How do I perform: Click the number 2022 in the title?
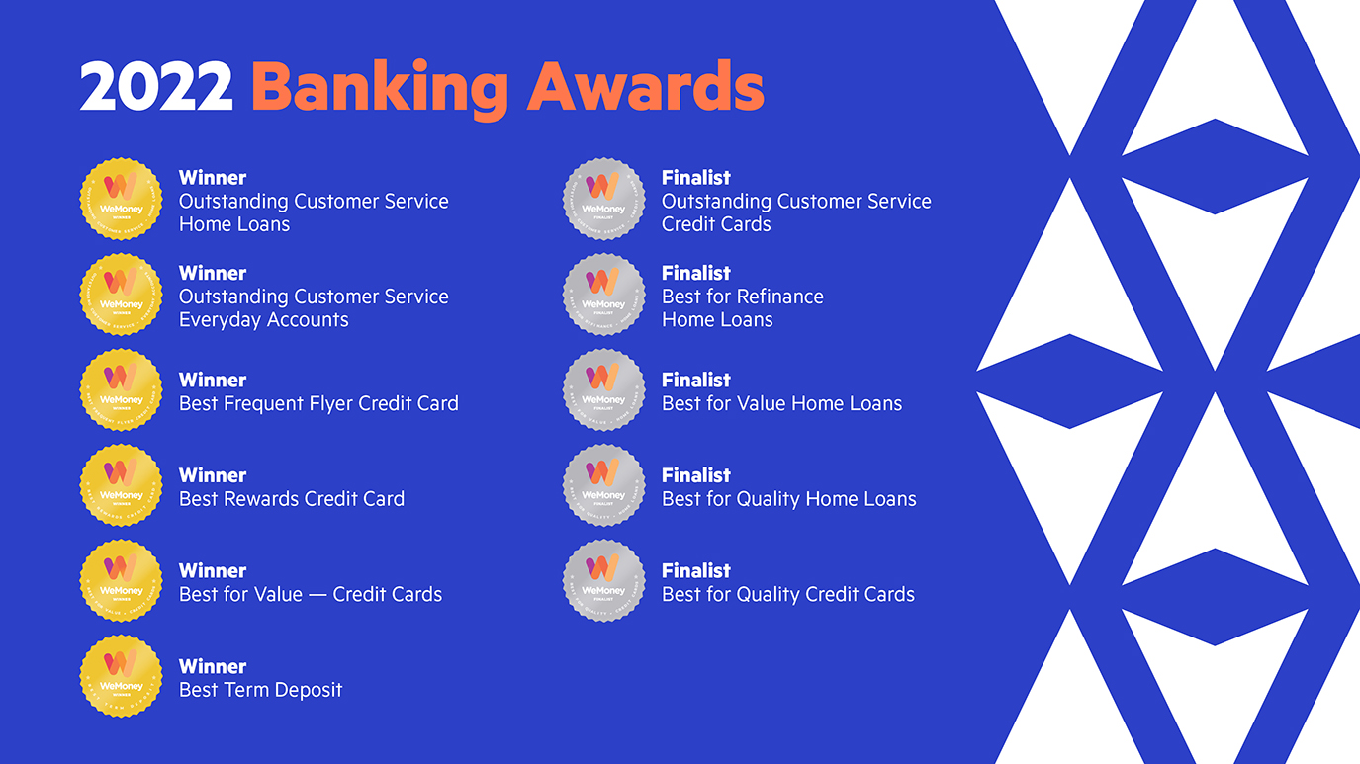point(155,87)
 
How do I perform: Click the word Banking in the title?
point(380,89)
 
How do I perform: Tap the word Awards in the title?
point(646,87)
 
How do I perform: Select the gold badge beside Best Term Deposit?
point(121,676)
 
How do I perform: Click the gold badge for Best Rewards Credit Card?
point(121,485)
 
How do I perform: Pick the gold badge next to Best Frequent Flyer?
point(121,389)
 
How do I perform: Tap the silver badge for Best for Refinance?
point(603,295)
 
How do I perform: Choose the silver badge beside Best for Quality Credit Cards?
point(603,580)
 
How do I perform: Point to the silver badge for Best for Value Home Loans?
point(603,389)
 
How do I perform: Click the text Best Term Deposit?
point(260,690)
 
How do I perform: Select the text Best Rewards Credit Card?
point(291,499)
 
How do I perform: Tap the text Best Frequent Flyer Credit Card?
point(318,403)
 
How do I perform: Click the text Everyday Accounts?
point(263,320)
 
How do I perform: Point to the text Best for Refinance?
point(742,297)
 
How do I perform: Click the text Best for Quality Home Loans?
point(788,499)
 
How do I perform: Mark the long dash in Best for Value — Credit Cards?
point(317,595)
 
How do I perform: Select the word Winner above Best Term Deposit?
point(213,666)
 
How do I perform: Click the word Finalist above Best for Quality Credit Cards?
point(695,571)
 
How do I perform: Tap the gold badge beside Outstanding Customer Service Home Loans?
point(121,199)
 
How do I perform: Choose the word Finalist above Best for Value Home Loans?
point(695,381)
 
